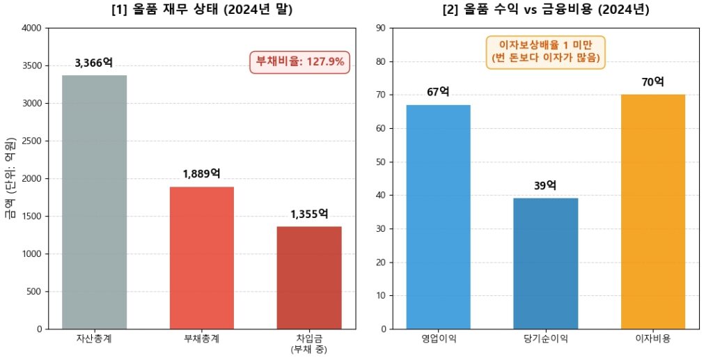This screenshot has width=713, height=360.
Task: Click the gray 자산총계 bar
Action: click(95, 202)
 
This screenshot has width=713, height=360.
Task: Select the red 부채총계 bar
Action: click(202, 258)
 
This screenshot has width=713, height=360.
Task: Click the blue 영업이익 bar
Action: click(438, 217)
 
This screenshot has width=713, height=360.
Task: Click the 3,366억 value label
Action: click(94, 63)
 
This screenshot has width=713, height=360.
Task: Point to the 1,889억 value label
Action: click(202, 174)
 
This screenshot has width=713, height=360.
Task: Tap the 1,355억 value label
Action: click(309, 214)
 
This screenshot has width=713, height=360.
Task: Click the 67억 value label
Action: click(438, 92)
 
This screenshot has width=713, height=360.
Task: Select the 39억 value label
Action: click(545, 185)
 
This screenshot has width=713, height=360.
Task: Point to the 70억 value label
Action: click(652, 82)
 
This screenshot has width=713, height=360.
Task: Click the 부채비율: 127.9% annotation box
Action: click(300, 61)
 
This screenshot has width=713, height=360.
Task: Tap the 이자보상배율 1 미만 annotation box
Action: click(545, 52)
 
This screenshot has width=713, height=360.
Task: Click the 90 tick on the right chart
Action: click(381, 28)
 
